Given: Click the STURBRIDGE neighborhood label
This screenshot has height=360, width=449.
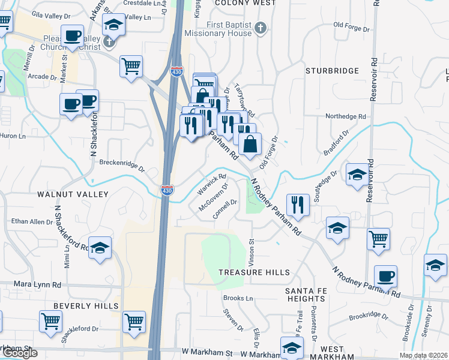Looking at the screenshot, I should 332,71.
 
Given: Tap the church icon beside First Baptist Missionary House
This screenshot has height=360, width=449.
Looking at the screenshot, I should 260,27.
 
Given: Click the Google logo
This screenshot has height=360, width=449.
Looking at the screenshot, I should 19,353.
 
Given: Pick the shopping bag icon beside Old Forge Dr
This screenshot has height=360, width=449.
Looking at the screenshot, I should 250,144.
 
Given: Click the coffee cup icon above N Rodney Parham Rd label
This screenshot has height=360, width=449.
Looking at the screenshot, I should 385,276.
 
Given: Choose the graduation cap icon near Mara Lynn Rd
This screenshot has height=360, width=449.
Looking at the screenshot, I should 100,248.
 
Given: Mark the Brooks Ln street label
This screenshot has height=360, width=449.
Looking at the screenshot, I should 238,298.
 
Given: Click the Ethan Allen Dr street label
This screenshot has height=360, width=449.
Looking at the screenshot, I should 32,222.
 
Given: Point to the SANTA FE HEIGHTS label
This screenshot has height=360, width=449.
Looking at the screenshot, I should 305,295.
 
